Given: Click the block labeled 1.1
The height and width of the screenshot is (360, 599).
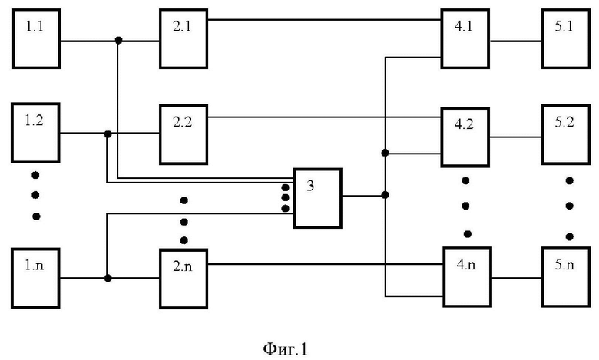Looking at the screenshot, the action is point(36,39).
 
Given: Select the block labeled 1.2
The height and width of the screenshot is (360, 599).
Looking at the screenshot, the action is point(35,133).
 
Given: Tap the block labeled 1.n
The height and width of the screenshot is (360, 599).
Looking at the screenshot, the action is point(35,278).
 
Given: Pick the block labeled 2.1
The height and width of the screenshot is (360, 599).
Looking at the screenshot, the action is point(184,39).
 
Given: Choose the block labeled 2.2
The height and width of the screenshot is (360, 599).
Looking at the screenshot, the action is point(184,135).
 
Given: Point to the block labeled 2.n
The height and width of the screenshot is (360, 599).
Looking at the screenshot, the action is point(184,279).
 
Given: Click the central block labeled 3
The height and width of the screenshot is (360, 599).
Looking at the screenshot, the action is point(317,198).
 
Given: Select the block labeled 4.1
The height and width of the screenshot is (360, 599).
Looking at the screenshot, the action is point(465,39).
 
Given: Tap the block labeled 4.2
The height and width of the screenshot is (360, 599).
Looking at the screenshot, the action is point(465,137).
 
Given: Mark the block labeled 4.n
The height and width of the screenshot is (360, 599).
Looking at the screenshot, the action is point(467,277).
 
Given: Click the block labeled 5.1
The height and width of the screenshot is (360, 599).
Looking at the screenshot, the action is point(566,39).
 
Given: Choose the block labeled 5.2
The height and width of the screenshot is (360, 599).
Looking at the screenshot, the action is point(566,135).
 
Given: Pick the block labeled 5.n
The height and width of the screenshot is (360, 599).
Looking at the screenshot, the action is point(566,277).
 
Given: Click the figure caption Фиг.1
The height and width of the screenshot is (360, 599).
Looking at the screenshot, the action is point(285,349).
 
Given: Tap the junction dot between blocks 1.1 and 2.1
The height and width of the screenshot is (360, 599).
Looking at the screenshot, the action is point(119,40).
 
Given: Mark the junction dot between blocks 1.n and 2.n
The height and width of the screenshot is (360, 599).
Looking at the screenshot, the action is point(108,278).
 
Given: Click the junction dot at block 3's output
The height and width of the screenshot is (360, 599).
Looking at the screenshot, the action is point(385,195).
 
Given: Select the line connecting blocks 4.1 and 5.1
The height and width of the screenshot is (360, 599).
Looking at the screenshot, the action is point(516,41).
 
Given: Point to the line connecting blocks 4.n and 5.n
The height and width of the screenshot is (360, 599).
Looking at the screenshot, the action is point(517,278).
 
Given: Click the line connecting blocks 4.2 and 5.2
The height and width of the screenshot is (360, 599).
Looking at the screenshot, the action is point(516,137).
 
